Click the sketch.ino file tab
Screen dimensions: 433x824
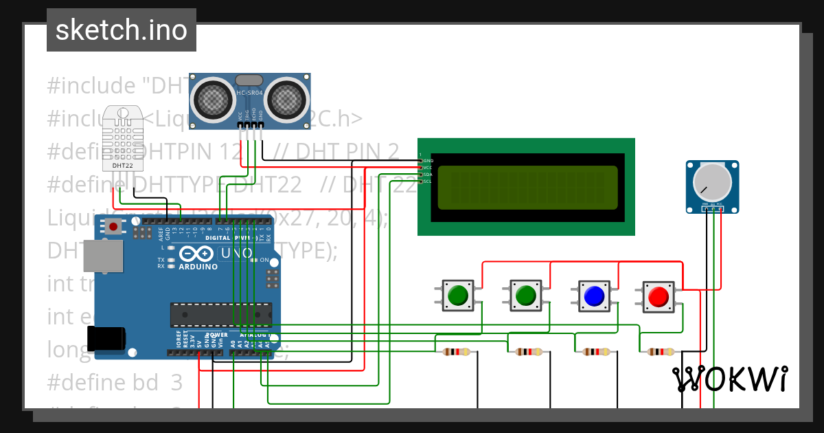[x=121, y=30]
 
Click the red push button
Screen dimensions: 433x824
[x=658, y=296]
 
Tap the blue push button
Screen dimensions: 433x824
[x=593, y=296]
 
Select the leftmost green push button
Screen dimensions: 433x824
[x=457, y=296]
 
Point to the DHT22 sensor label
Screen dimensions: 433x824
[x=124, y=165]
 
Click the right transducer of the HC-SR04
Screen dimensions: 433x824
[x=286, y=100]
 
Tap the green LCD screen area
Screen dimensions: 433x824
[x=527, y=187]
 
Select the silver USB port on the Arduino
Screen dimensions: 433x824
[x=103, y=256]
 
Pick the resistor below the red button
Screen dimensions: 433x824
[x=659, y=352]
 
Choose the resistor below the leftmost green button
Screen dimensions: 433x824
[x=457, y=352]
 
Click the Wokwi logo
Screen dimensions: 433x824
[x=729, y=379]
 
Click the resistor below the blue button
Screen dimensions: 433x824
[x=595, y=352]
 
